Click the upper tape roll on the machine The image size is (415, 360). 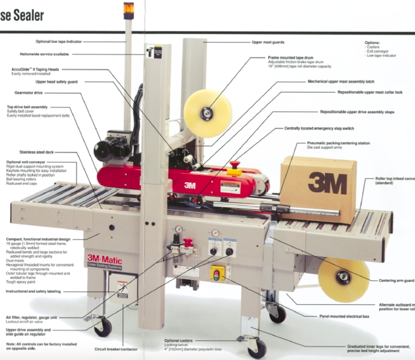(x=208, y=113)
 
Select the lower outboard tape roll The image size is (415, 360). (x=344, y=278)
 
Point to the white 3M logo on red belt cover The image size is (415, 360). (x=190, y=185)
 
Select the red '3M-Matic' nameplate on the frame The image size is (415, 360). (x=104, y=261)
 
